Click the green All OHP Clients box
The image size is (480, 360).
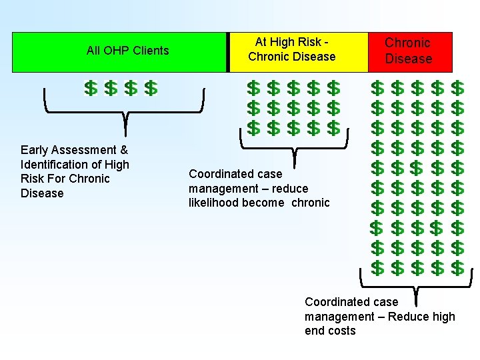[x=119, y=52]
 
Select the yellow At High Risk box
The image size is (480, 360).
[x=297, y=52]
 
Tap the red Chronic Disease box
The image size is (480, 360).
[x=410, y=52]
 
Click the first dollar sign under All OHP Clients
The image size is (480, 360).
[x=91, y=88]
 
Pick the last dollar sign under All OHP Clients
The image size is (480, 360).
[x=151, y=88]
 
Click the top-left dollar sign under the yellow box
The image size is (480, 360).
[x=253, y=88]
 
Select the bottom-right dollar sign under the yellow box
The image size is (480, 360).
[x=334, y=127]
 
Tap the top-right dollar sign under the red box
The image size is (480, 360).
[x=457, y=88]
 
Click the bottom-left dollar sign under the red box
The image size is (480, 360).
[x=377, y=268]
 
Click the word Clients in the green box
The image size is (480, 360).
[x=151, y=50]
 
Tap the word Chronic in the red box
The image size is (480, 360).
[x=407, y=43]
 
